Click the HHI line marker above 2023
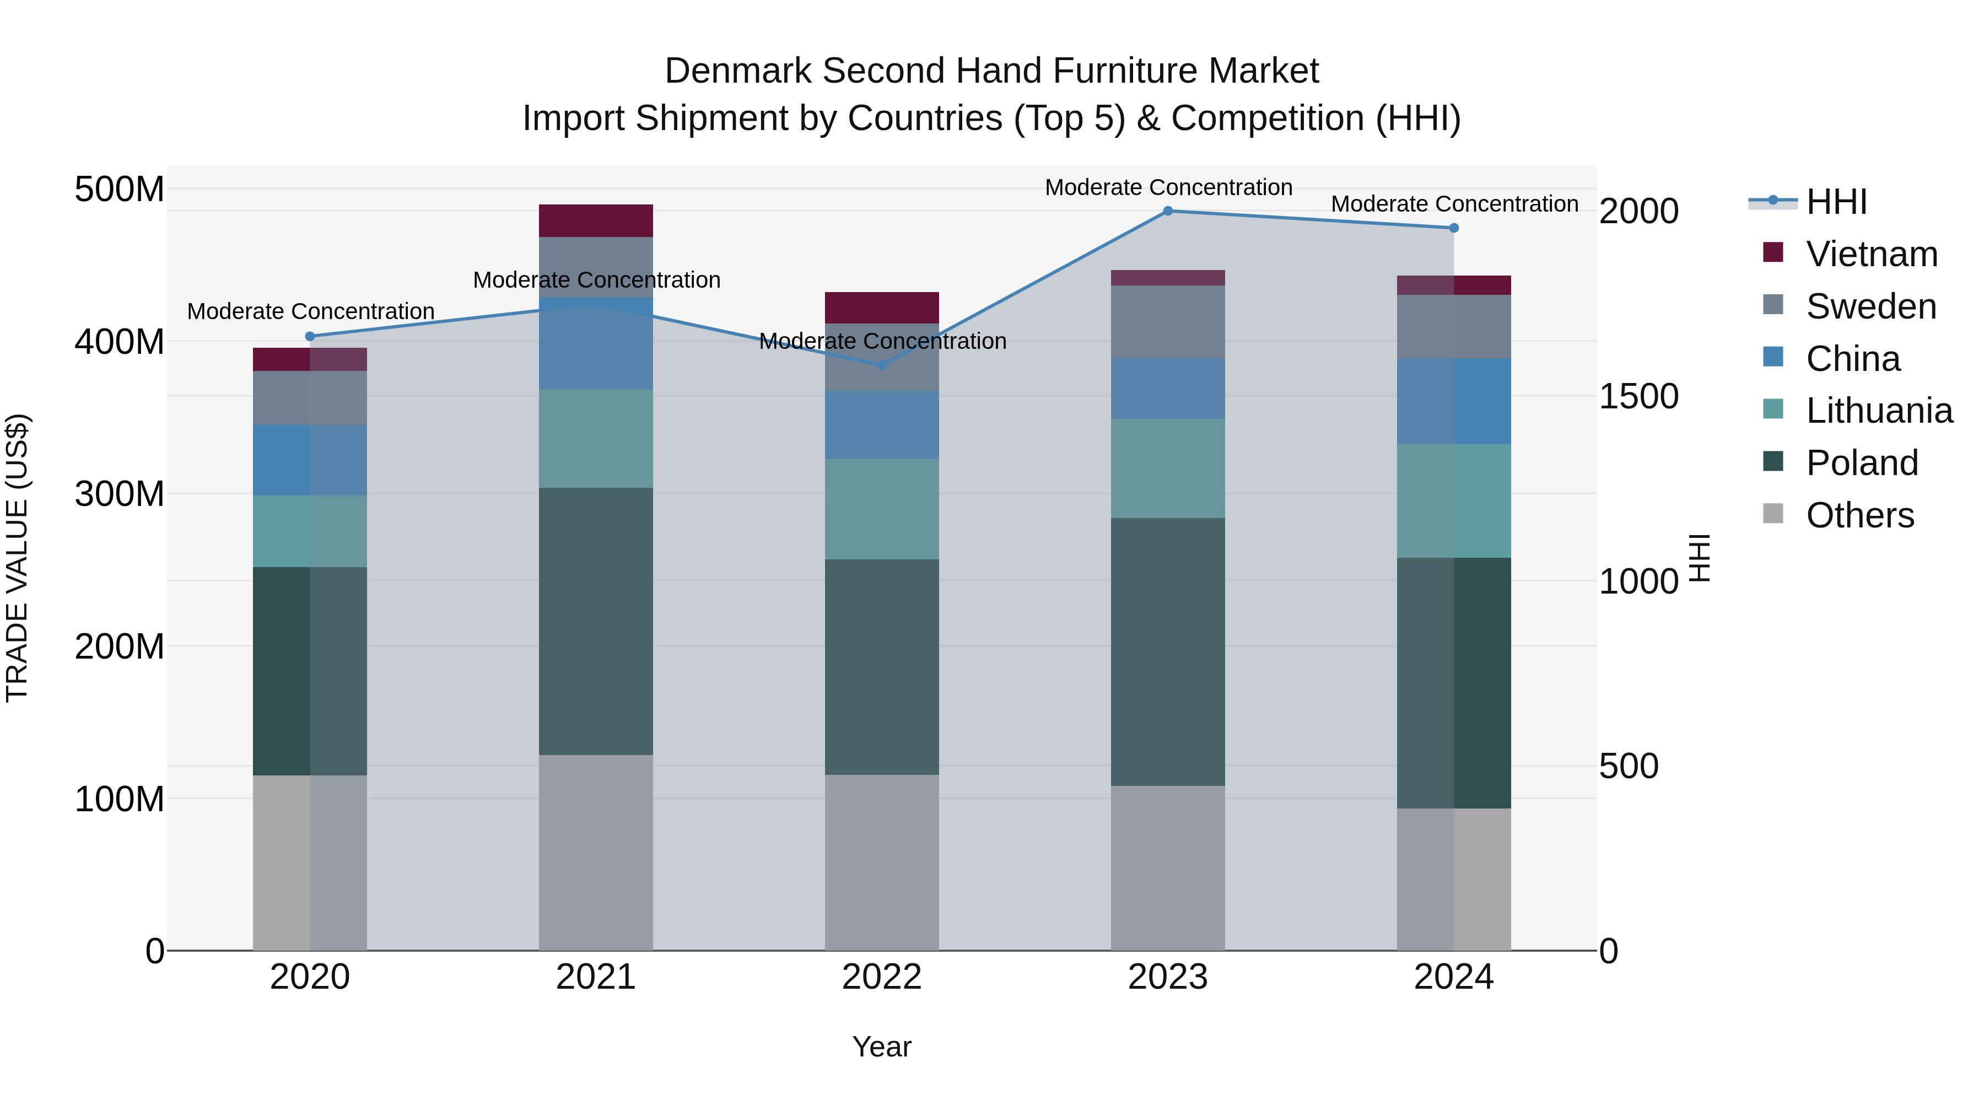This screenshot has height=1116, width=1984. point(1168,211)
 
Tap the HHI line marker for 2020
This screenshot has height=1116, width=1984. point(310,337)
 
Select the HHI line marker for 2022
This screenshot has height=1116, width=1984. point(882,365)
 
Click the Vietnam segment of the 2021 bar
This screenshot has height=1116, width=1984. point(595,221)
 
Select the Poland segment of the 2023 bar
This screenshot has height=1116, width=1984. point(1168,651)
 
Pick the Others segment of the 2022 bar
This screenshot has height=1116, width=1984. point(882,862)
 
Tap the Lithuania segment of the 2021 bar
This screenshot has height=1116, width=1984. point(595,438)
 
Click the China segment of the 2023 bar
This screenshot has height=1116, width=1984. point(1168,389)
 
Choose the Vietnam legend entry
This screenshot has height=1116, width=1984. point(1872,254)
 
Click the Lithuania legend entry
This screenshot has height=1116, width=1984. point(1879,411)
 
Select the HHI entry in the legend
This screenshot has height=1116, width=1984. point(1836,202)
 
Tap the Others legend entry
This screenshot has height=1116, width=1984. point(1860,515)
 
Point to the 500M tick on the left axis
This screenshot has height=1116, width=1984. point(120,190)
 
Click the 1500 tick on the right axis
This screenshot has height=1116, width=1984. point(1638,397)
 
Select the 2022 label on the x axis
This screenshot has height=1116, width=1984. point(882,977)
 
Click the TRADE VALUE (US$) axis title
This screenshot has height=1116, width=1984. point(17,558)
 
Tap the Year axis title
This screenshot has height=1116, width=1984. point(882,1047)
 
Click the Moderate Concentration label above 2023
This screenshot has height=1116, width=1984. point(1168,187)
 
